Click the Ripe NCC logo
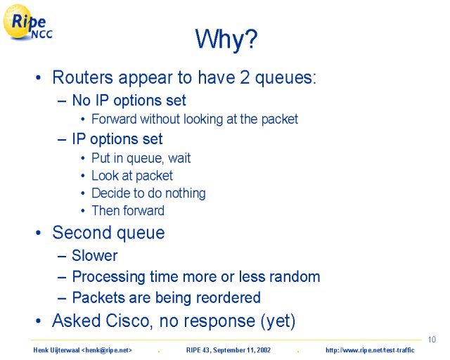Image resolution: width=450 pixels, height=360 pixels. pyautogui.click(x=27, y=22)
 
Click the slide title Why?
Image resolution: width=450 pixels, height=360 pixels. pyautogui.click(x=226, y=39)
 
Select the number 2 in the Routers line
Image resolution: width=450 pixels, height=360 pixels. pyautogui.click(x=245, y=77)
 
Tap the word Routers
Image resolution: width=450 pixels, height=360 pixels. pyautogui.click(x=83, y=77)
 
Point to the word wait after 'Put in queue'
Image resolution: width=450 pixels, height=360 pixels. pyautogui.click(x=179, y=158)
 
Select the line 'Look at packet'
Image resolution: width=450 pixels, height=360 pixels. pyautogui.click(x=132, y=176)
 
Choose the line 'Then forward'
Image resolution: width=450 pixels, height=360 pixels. pyautogui.click(x=128, y=211)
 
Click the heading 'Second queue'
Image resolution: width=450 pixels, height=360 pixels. pyautogui.click(x=108, y=233)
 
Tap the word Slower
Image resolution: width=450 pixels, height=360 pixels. pyautogui.click(x=95, y=255)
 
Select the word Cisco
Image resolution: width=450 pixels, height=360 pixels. pyautogui.click(x=129, y=321)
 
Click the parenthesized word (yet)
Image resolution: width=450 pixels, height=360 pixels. pyautogui.click(x=278, y=321)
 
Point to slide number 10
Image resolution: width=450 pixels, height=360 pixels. pyautogui.click(x=432, y=340)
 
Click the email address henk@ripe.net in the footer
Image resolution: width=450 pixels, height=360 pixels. pyautogui.click(x=107, y=350)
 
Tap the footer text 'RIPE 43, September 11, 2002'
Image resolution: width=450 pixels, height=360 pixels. pyautogui.click(x=228, y=350)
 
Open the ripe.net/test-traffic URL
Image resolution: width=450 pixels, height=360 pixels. pyautogui.click(x=370, y=350)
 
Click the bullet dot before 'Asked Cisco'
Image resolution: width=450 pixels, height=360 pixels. pyautogui.click(x=38, y=321)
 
